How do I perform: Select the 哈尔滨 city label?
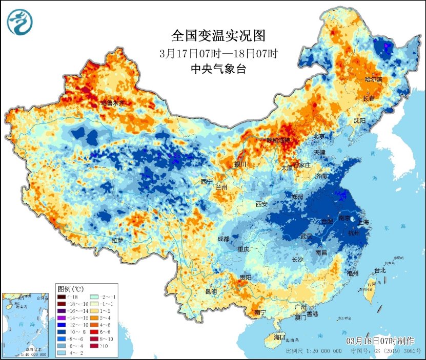click(x=374, y=79)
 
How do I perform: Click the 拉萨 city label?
click(x=117, y=240)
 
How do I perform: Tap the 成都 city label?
click(x=223, y=238)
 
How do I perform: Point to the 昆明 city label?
click(x=211, y=291)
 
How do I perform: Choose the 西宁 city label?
click(x=207, y=182)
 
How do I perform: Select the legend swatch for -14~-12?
click(x=62, y=317)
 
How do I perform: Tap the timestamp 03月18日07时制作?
click(x=380, y=341)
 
